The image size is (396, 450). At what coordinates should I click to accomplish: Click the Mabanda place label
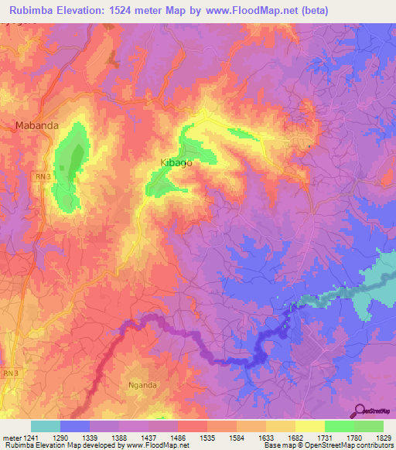[37, 124]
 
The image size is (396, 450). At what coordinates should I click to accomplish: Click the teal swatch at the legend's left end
[45, 426]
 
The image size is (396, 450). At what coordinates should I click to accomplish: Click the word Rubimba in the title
[35, 11]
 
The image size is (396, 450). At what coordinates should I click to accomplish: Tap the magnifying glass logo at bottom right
[359, 410]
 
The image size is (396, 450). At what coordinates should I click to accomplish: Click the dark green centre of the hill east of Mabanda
[77, 160]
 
